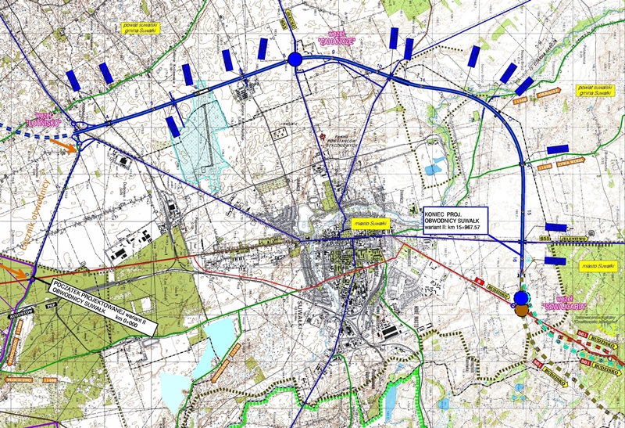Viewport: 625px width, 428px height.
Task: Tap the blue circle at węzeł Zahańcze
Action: coord(294,59)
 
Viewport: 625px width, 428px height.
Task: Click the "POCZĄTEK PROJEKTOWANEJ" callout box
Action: coord(102,306)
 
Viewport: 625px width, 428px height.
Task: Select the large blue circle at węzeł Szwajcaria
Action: coord(523,297)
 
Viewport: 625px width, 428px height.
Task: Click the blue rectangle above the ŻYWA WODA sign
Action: coord(557,149)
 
